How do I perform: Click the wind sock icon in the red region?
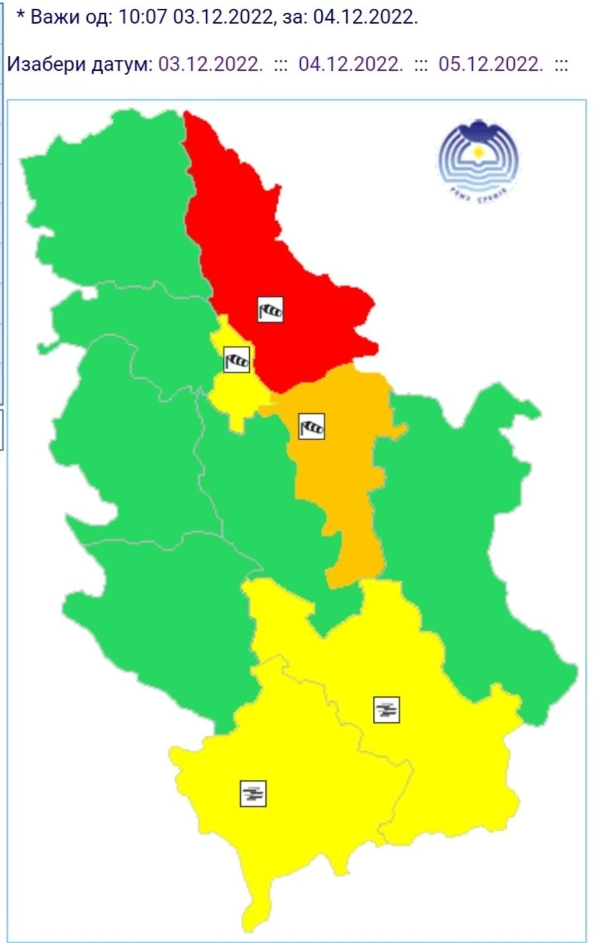click(270, 310)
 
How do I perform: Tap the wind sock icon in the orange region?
click(312, 426)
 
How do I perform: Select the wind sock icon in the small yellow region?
click(236, 360)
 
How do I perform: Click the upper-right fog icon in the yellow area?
click(386, 710)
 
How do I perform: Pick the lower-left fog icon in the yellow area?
click(253, 793)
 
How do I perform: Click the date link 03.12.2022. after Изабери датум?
click(210, 64)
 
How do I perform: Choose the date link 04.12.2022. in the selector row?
click(350, 64)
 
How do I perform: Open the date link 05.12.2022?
click(491, 64)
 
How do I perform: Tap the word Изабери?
click(47, 64)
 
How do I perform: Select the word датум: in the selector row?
click(122, 64)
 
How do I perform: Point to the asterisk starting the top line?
click(20, 15)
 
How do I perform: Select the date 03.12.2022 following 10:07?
click(222, 17)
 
